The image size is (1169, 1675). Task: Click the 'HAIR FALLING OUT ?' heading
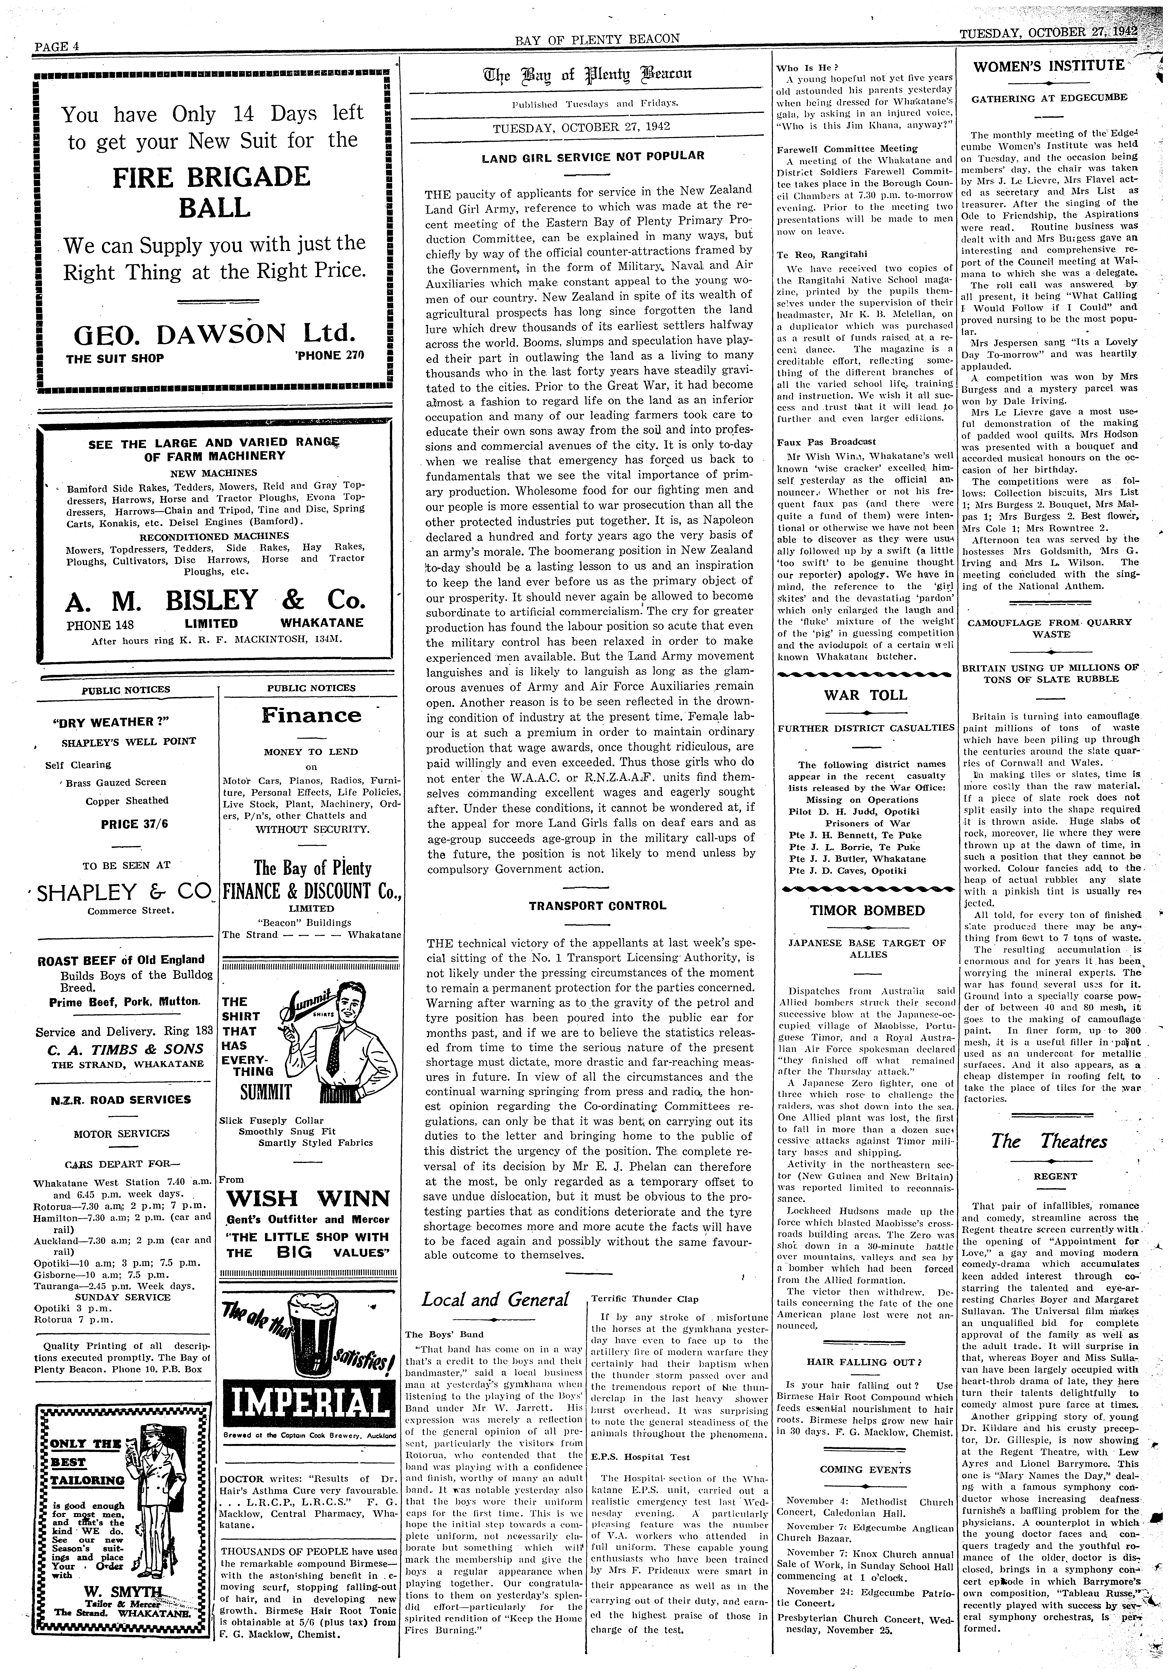point(865,1362)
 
